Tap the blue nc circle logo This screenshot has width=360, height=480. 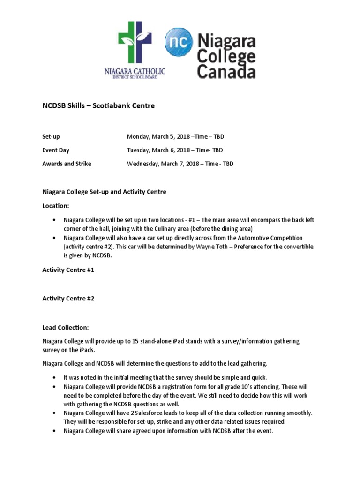[x=179, y=42]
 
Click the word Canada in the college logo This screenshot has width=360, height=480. [x=226, y=71]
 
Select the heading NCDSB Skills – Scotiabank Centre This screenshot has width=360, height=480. [x=98, y=106]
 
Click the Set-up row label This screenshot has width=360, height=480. [x=51, y=136]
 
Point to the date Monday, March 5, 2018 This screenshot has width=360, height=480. [x=158, y=136]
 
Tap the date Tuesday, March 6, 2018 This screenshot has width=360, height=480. [x=158, y=150]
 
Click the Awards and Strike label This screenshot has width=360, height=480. [x=67, y=164]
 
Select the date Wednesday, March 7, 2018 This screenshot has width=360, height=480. [x=162, y=164]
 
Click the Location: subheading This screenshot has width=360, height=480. [x=56, y=206]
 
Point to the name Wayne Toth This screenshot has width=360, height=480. [x=219, y=247]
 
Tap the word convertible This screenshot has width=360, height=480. [x=297, y=247]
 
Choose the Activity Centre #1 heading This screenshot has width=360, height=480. [x=68, y=270]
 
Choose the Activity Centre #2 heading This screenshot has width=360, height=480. [x=68, y=298]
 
